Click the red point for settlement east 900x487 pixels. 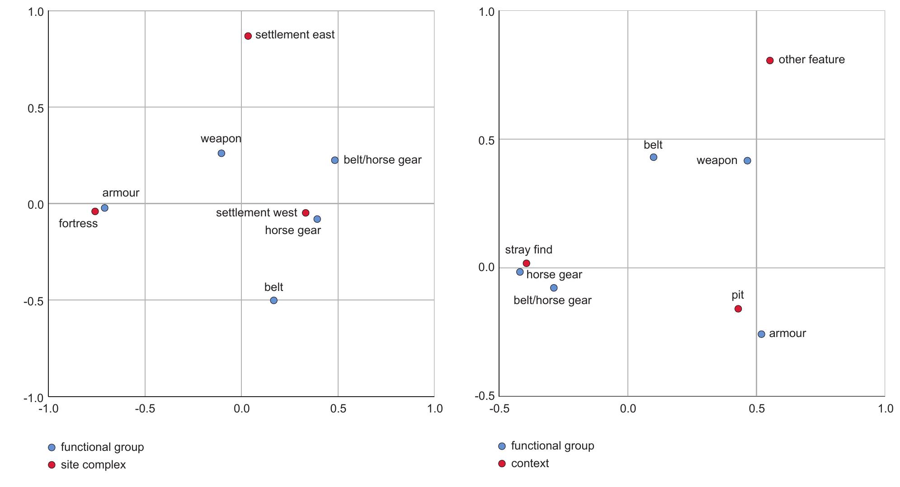(248, 36)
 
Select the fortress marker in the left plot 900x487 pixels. (95, 211)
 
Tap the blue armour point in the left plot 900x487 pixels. (105, 208)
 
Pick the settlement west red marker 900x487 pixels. (306, 213)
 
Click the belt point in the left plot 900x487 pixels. (273, 300)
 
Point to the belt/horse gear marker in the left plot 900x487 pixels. (335, 160)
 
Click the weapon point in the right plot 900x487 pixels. (747, 161)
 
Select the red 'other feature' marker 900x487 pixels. (770, 61)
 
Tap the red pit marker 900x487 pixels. (738, 309)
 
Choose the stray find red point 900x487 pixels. (526, 263)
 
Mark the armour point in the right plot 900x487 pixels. (761, 334)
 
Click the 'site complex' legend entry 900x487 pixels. (93, 465)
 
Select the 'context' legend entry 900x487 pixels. (530, 464)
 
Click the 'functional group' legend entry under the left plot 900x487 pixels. (102, 447)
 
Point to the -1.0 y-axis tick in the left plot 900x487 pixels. (33, 398)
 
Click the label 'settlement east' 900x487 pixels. (295, 35)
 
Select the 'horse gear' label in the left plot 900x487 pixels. (293, 230)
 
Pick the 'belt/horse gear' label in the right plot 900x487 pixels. (552, 300)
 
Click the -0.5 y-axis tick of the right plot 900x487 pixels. (485, 396)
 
